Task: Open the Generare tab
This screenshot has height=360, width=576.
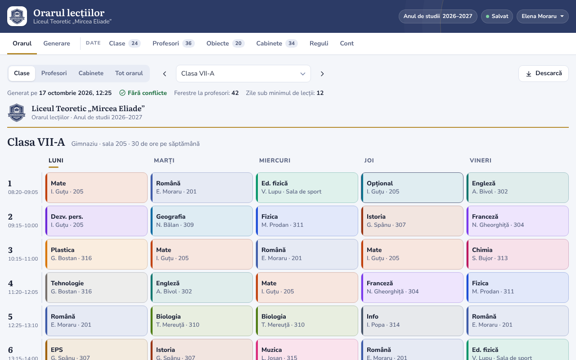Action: pos(57,44)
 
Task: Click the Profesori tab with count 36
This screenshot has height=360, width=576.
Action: pos(173,44)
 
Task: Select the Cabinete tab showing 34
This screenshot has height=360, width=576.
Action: pos(277,44)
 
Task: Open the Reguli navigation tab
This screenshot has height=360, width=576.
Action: pos(319,44)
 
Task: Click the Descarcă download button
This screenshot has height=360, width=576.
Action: pos(544,73)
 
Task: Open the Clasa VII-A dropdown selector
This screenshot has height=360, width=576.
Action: pos(243,73)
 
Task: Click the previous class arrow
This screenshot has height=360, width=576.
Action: pos(165,74)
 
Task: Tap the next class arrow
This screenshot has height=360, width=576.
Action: pos(322,74)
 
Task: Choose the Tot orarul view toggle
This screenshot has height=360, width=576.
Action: pos(129,73)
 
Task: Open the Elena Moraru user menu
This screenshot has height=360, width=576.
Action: pos(543,16)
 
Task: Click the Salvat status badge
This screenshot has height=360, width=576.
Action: pos(497,16)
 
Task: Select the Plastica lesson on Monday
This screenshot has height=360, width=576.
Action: pos(96,254)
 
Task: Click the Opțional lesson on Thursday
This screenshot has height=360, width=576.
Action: pos(412,188)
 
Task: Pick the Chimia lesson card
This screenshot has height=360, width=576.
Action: pos(517,254)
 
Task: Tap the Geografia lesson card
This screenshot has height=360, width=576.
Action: pos(202,221)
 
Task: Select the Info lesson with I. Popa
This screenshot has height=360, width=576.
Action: pos(412,321)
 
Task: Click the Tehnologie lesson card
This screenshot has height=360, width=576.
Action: pos(96,288)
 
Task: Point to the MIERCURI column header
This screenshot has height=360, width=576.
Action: pos(274,161)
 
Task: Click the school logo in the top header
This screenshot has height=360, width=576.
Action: pos(17,16)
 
